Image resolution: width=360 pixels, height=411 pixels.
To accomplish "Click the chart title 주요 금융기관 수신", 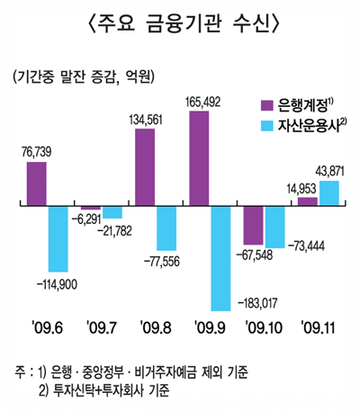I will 180,20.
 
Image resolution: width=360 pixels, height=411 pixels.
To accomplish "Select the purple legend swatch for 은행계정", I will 266,104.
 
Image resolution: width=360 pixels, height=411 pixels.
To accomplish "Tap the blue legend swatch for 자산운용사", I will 266,127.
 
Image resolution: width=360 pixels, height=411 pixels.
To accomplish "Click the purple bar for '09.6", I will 37,184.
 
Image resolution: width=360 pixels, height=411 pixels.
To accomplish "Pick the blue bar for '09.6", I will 58,239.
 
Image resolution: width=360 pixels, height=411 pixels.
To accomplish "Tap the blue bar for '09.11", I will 329,193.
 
